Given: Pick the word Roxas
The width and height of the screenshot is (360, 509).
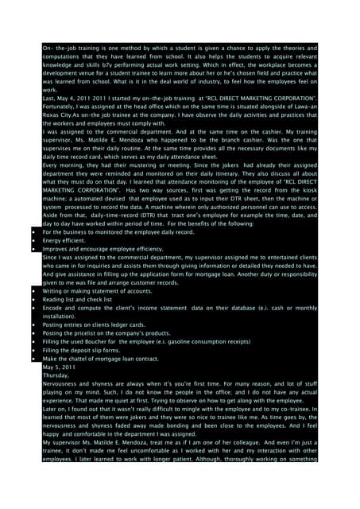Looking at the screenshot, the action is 53,132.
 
